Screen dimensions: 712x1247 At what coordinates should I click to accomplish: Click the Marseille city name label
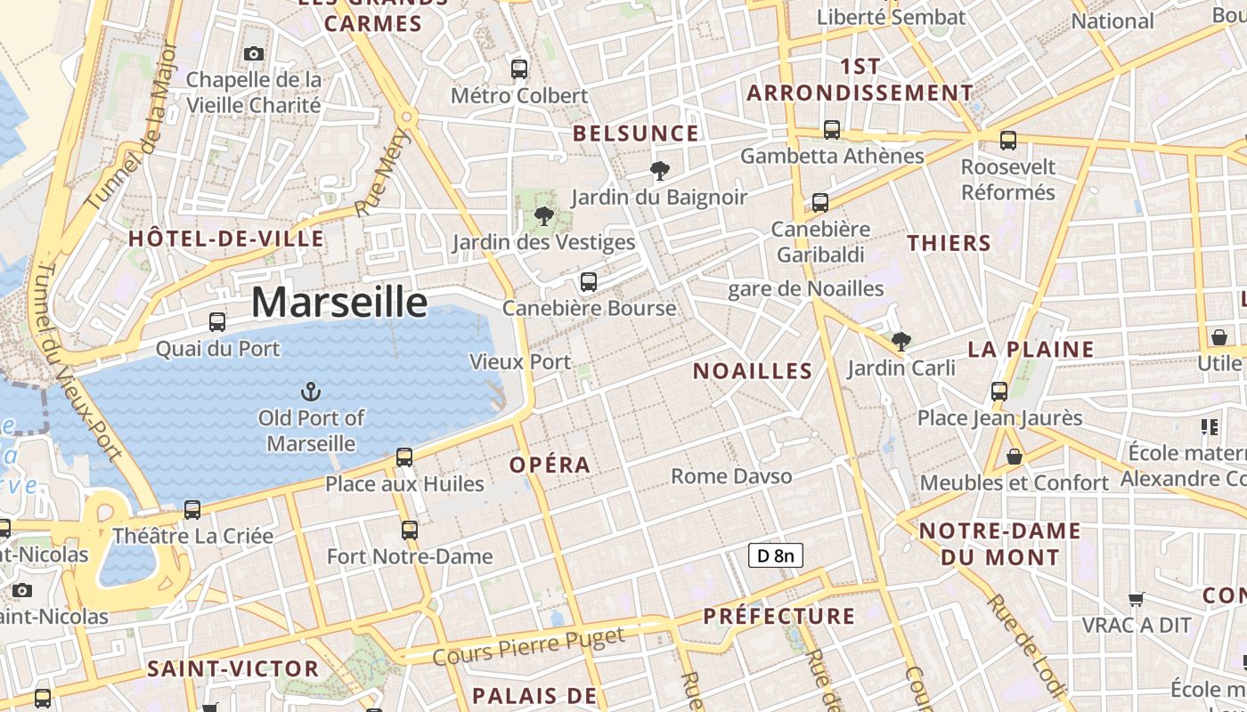pos(339,303)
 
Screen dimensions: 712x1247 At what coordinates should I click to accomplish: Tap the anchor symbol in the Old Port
pos(311,391)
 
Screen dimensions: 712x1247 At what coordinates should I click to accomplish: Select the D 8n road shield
pos(775,556)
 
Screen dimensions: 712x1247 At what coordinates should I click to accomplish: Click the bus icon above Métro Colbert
pos(519,69)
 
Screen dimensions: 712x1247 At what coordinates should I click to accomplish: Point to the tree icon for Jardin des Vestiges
pos(543,215)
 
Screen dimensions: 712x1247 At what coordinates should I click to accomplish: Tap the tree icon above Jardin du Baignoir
pos(660,170)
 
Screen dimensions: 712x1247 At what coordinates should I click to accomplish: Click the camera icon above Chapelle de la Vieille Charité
pos(254,53)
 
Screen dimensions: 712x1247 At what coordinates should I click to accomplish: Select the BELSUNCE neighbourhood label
pos(636,134)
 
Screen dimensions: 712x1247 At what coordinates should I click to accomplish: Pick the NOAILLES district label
pos(753,371)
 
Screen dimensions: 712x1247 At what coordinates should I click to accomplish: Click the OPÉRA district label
pos(550,465)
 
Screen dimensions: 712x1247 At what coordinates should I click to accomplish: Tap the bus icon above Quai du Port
pos(217,322)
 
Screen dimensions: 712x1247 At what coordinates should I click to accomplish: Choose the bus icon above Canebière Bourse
pos(588,282)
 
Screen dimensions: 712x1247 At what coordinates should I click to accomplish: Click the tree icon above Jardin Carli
pos(901,341)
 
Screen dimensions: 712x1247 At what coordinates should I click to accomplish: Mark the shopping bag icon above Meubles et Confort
pos(1014,457)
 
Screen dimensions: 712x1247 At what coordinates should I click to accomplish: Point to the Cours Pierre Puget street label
pos(528,648)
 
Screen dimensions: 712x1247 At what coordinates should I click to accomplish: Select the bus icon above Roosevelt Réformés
pos(1008,141)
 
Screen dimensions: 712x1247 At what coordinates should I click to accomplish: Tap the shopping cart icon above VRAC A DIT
pos(1136,599)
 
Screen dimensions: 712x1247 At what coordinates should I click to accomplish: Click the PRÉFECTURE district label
pos(778,616)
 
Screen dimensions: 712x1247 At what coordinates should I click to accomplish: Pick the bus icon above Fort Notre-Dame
pos(410,530)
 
